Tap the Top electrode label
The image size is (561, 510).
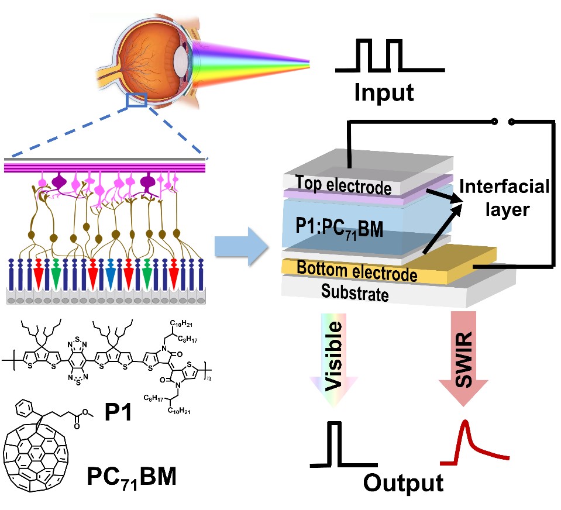pyautogui.click(x=342, y=185)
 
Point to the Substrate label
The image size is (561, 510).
pyautogui.click(x=355, y=292)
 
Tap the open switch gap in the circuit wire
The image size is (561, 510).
pyautogui.click(x=503, y=122)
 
